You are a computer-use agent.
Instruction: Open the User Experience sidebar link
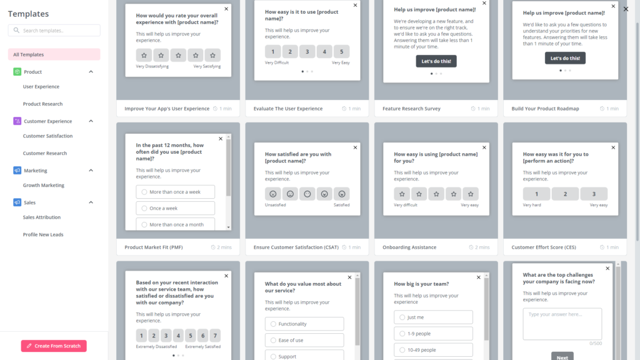tap(41, 87)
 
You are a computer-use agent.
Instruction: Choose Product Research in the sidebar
tap(42, 104)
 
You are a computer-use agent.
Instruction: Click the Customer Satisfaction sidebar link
tap(47, 136)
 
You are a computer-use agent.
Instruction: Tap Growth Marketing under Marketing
tap(44, 185)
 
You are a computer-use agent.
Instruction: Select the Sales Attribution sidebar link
tap(42, 217)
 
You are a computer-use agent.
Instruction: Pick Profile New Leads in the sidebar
tap(43, 234)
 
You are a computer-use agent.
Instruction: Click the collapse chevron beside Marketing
tap(91, 170)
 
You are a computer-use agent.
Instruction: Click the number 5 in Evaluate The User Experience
tap(341, 52)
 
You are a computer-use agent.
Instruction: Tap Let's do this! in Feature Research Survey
tap(436, 61)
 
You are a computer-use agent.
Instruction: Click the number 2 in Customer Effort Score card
tap(565, 194)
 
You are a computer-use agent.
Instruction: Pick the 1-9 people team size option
tap(432, 334)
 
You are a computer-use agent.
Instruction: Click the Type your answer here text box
tap(562, 324)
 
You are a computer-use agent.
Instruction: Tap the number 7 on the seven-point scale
tap(215, 335)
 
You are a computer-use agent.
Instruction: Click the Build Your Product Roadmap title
tap(545, 109)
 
